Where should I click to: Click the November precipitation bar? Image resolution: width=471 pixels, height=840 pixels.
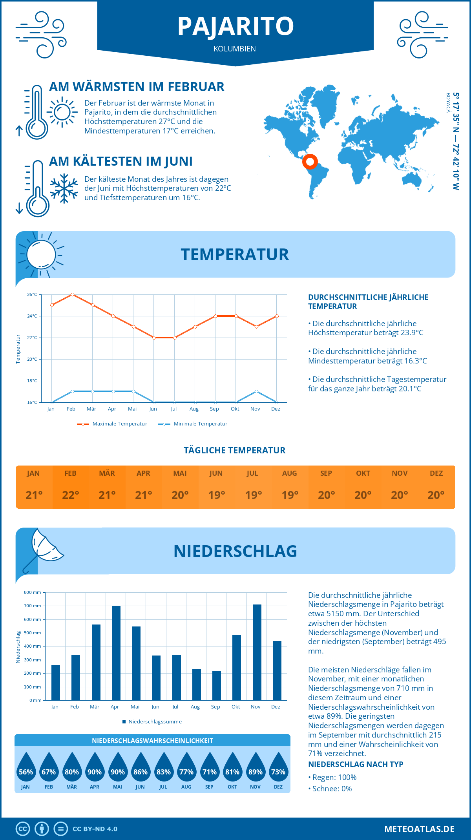pos(257,652)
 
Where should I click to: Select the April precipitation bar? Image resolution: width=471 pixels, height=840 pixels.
pos(116,653)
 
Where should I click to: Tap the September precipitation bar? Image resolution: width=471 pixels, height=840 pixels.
pos(217,686)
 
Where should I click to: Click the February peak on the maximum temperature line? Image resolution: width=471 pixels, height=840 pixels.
pos(72,294)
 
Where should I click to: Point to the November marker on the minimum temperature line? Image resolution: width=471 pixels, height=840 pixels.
pos(256,391)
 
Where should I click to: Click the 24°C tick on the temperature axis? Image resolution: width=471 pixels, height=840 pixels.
pos(32,316)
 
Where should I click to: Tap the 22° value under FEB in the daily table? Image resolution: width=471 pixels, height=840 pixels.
pos(71,495)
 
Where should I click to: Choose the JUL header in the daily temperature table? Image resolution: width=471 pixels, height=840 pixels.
pos(252,473)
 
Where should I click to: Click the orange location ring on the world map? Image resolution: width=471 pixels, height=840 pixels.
pos(310,161)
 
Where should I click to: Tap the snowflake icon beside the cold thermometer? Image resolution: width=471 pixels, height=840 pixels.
pos(64,188)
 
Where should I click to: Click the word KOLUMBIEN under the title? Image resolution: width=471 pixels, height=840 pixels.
pos(235,49)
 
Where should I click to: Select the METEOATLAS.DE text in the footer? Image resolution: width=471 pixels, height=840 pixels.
pos(419,829)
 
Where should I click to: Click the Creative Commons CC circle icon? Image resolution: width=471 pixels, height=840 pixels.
pos(23,829)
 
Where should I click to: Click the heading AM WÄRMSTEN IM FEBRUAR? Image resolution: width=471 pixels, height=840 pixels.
pos(137,87)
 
